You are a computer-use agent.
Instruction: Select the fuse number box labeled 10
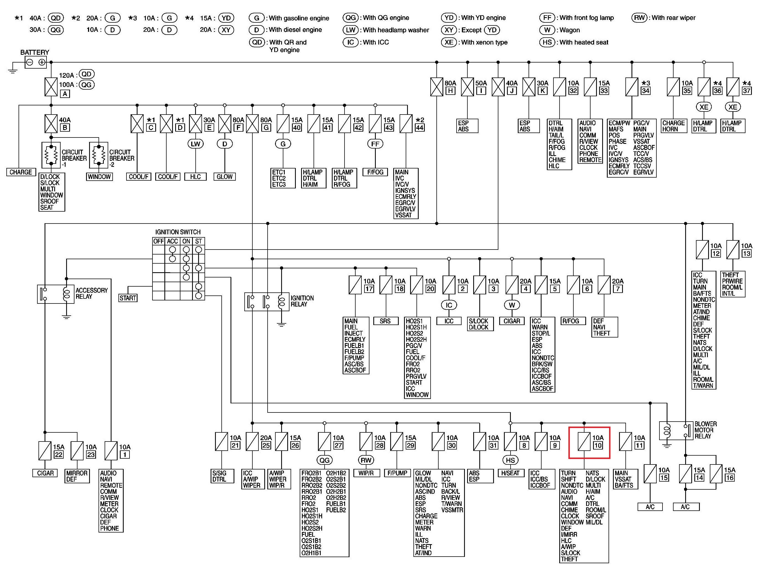[x=598, y=445]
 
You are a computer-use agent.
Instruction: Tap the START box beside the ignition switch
[x=128, y=298]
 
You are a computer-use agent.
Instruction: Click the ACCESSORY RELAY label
[x=92, y=293]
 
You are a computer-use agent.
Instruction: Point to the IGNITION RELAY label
[x=302, y=301]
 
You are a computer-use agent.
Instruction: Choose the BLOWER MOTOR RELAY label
[x=705, y=430]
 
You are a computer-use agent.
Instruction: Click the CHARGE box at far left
[x=21, y=172]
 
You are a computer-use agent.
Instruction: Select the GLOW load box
[x=225, y=177]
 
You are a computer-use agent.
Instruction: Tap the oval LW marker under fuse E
[x=195, y=144]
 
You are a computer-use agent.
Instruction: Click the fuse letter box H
[x=450, y=91]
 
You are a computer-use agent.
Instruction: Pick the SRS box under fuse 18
[x=385, y=321]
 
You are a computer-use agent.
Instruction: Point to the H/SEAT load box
[x=511, y=473]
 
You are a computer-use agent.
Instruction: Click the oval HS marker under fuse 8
[x=511, y=460]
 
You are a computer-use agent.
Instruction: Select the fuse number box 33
[x=604, y=91]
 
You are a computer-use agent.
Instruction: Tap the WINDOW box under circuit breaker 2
[x=99, y=177]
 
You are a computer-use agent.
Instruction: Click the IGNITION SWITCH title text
[x=178, y=232]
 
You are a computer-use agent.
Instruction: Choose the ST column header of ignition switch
[x=198, y=241]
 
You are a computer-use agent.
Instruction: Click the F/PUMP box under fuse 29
[x=397, y=473]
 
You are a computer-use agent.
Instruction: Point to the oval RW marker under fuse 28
[x=366, y=460]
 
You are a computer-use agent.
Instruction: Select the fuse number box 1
[x=125, y=455]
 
